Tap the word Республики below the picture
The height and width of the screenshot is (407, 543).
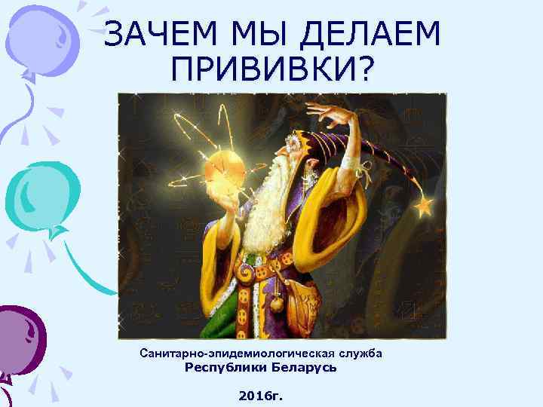click(x=224, y=369)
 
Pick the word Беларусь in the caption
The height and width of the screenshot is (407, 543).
click(x=302, y=369)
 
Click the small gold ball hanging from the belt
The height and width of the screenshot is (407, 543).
click(x=277, y=303)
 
